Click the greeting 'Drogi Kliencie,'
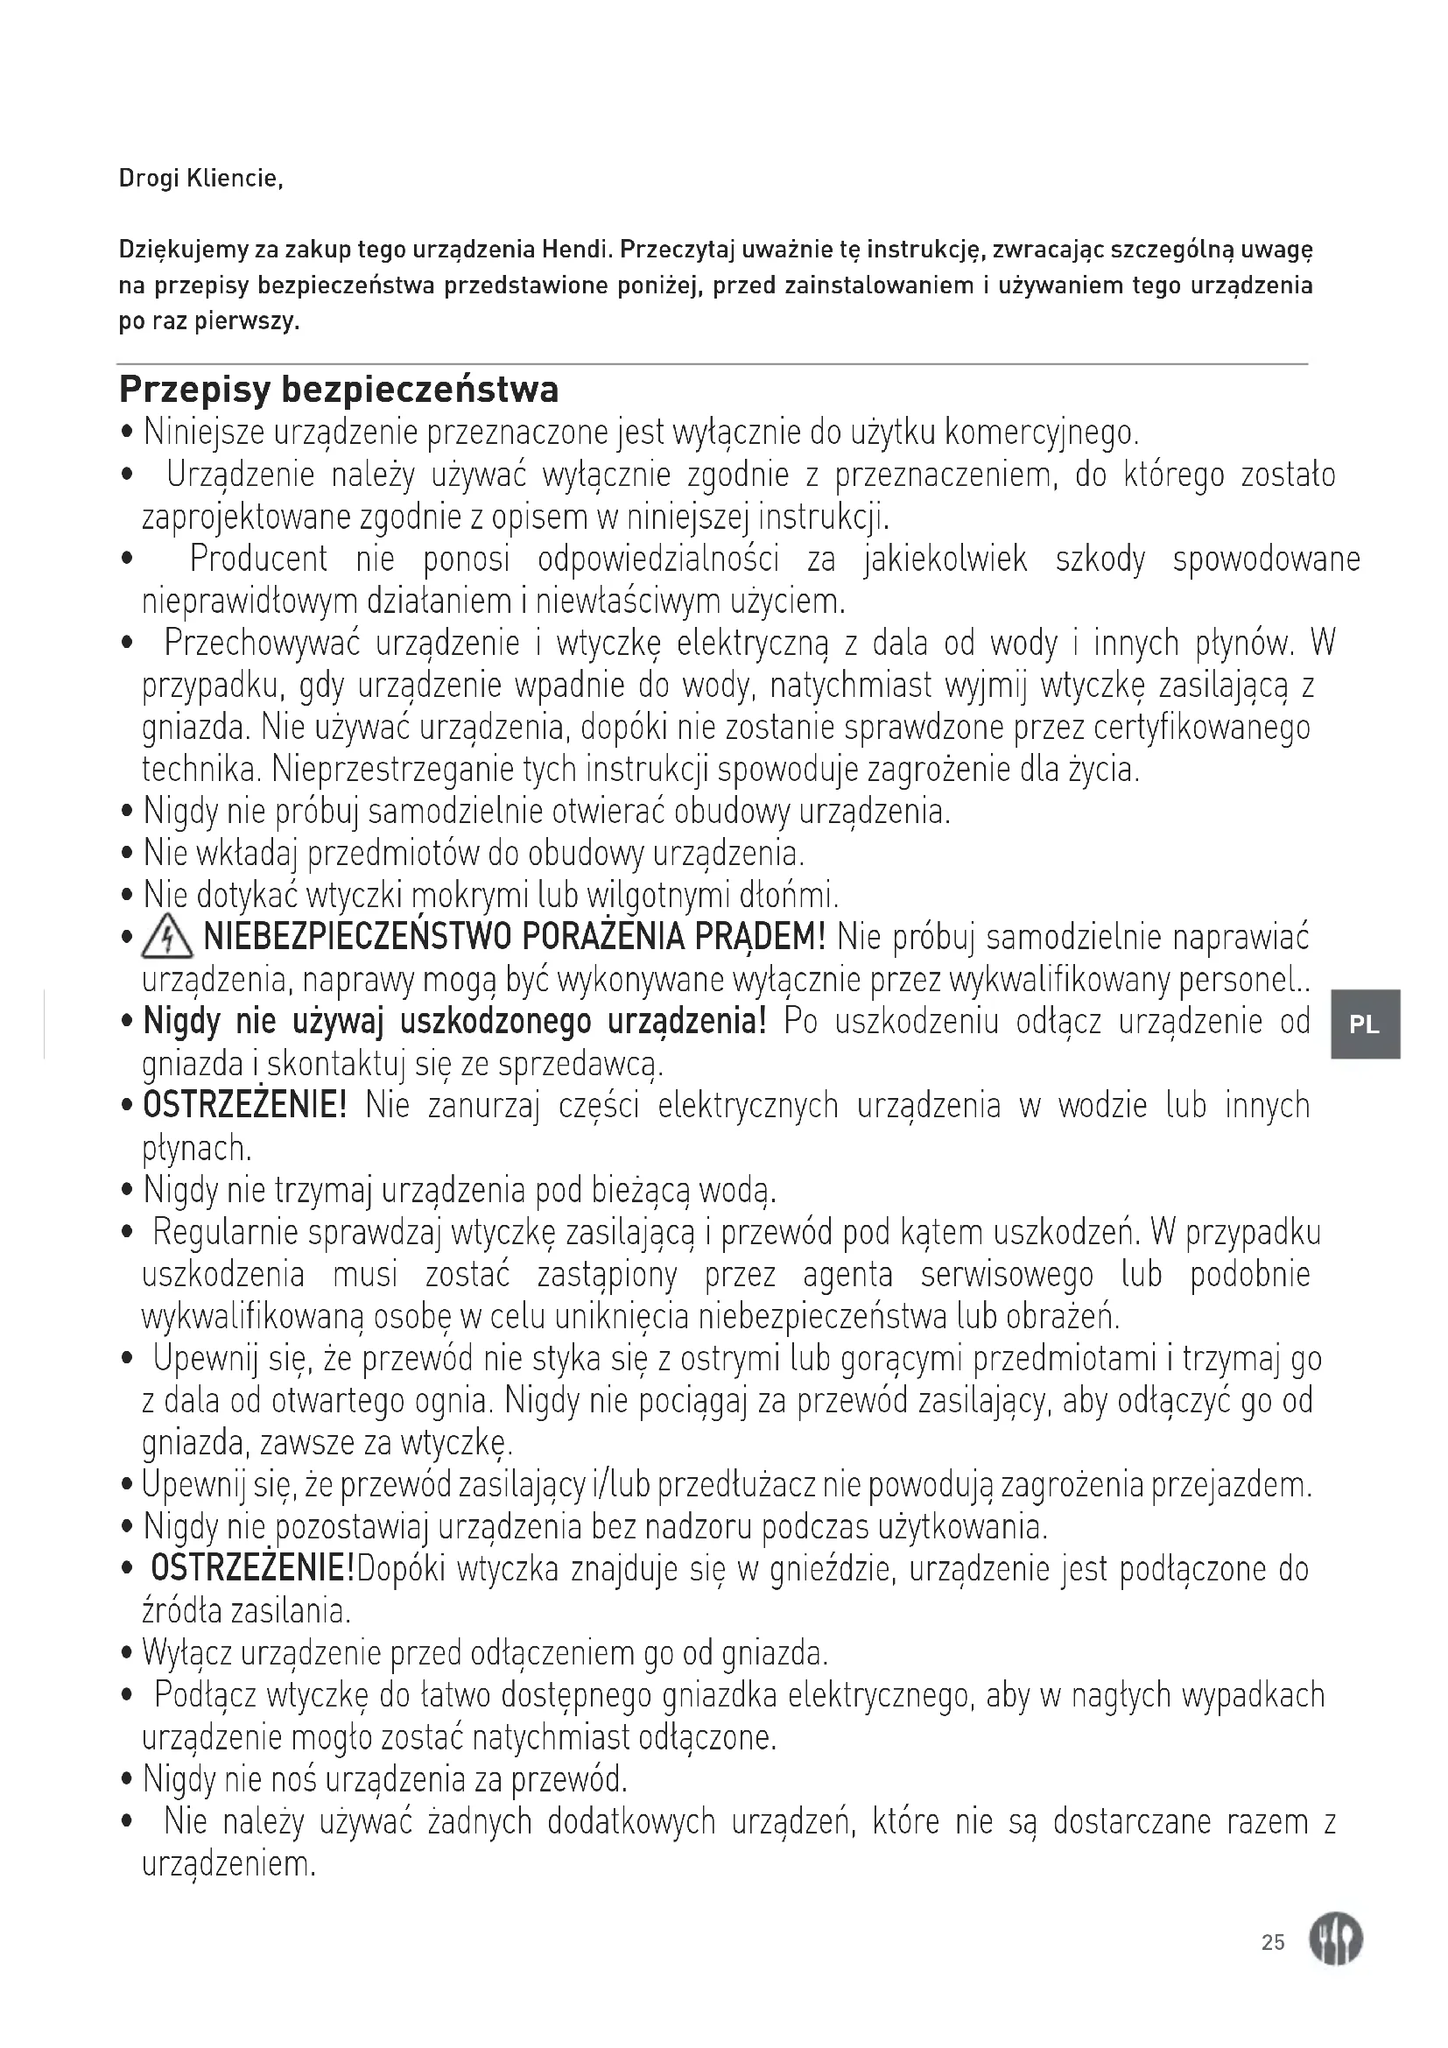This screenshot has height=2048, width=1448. (x=200, y=179)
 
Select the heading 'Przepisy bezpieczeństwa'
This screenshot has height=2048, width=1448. (x=339, y=389)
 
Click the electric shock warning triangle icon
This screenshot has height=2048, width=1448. (x=166, y=939)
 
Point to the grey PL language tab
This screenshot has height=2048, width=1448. (x=1365, y=1024)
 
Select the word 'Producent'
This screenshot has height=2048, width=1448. (x=258, y=560)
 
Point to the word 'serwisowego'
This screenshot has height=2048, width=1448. (x=1007, y=1275)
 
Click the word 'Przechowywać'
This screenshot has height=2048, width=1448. (x=262, y=644)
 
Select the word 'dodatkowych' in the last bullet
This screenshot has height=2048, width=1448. (x=630, y=1821)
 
